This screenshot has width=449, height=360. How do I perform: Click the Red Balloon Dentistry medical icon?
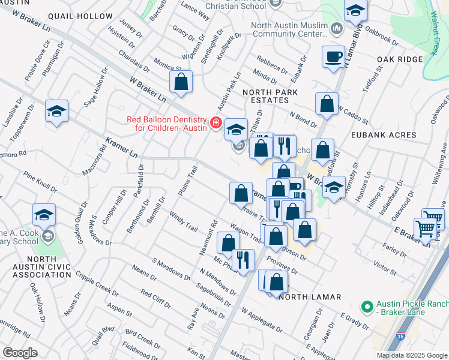pyautogui.click(x=215, y=124)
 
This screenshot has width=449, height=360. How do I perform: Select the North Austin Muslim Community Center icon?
pyautogui.click(x=336, y=28)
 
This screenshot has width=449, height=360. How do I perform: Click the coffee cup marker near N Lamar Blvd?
pyautogui.click(x=333, y=57)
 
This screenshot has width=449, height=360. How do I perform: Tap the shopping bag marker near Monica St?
pyautogui.click(x=181, y=81)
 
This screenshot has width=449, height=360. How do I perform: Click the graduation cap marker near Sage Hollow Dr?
pyautogui.click(x=56, y=111)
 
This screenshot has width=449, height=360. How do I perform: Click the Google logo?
pyautogui.click(x=20, y=353)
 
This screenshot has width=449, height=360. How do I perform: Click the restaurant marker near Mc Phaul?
pyautogui.click(x=243, y=259)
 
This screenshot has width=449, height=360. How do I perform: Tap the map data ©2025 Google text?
pyautogui.click(x=411, y=355)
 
